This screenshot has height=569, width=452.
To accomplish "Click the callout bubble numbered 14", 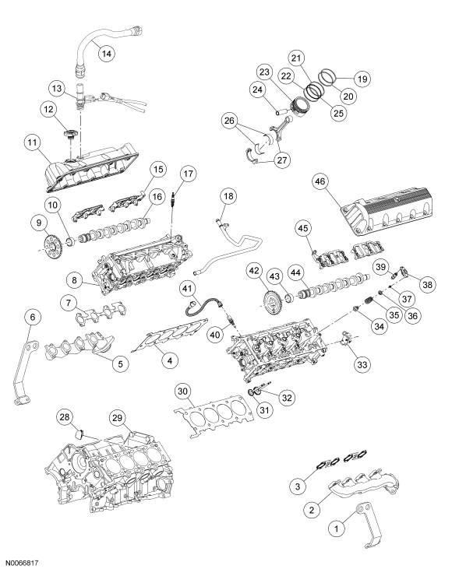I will click(106, 53).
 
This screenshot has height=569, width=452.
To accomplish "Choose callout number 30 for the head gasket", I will click(182, 391).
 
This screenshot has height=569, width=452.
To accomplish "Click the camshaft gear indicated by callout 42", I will click(273, 300).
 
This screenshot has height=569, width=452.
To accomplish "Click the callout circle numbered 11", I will click(32, 144).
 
